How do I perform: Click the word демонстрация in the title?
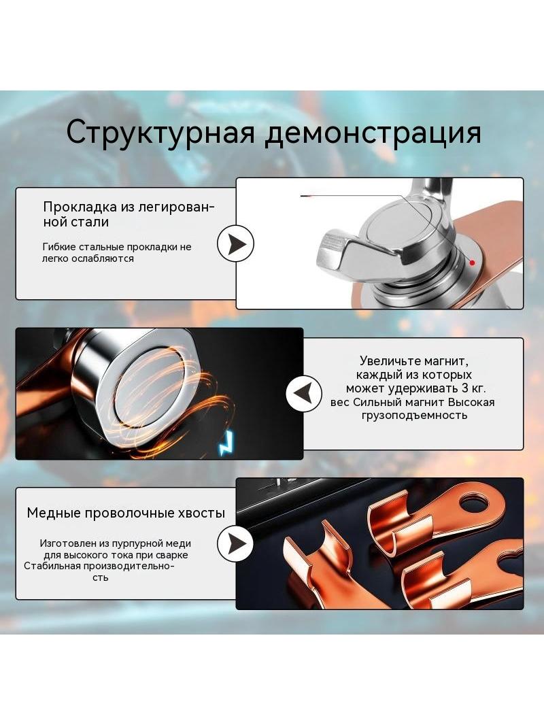click(x=374, y=133)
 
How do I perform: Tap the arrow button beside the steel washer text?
click(x=235, y=243)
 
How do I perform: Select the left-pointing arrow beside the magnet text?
click(x=304, y=394)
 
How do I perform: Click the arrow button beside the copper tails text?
click(x=235, y=543)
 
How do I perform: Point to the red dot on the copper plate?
click(x=472, y=263)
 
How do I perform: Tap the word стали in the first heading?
click(x=93, y=222)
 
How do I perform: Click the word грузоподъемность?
click(x=414, y=416)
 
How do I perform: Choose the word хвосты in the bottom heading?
click(x=202, y=513)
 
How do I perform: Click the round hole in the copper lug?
click(x=475, y=503)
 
